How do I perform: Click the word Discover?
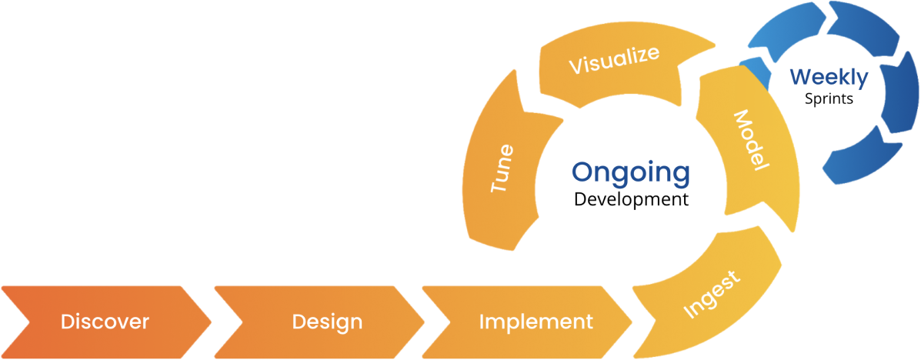(105, 322)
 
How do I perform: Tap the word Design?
(327, 322)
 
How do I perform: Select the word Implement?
(536, 322)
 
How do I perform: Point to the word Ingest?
(712, 295)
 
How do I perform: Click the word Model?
(748, 140)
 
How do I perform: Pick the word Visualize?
(614, 61)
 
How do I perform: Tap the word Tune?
(502, 168)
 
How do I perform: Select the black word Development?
(630, 199)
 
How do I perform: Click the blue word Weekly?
(829, 77)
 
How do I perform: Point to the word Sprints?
(829, 98)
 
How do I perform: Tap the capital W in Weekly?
(801, 77)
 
